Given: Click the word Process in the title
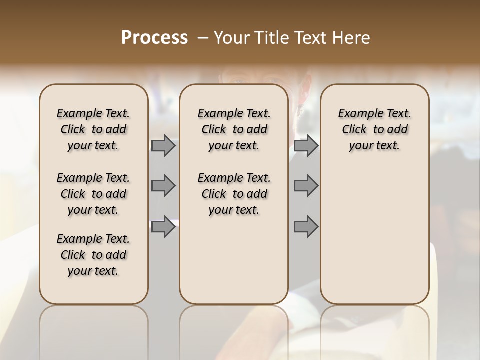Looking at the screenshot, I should [x=154, y=38].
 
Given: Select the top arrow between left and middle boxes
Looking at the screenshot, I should [x=163, y=145].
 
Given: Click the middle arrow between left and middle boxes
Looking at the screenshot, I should [x=163, y=186].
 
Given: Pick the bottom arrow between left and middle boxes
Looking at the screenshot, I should [x=163, y=227].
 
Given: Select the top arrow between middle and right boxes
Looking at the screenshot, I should [x=306, y=145].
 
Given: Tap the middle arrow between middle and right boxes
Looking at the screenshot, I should [x=306, y=186].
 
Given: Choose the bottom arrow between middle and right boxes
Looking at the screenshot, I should [x=306, y=227].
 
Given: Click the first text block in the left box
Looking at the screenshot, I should [x=93, y=129].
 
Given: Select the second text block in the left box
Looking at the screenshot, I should [x=93, y=194].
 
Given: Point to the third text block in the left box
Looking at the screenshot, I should [x=93, y=255].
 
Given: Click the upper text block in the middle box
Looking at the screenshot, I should [x=234, y=129].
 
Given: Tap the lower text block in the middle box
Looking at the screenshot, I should [x=234, y=194].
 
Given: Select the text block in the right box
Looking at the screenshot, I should [x=374, y=129].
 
